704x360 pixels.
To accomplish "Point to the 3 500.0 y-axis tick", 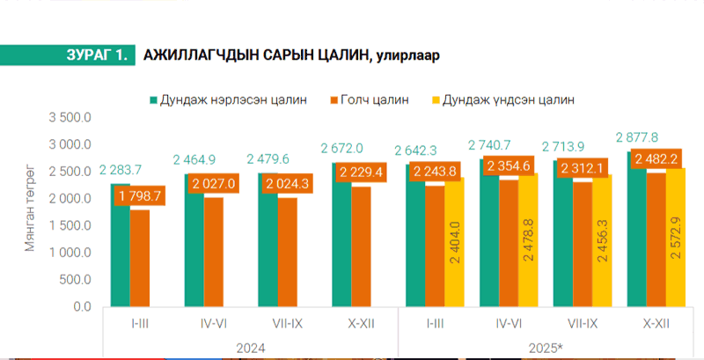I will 71,117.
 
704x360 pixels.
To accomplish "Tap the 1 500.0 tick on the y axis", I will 71,225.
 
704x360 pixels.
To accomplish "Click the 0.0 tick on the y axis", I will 81,306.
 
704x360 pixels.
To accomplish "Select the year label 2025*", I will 546,347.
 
